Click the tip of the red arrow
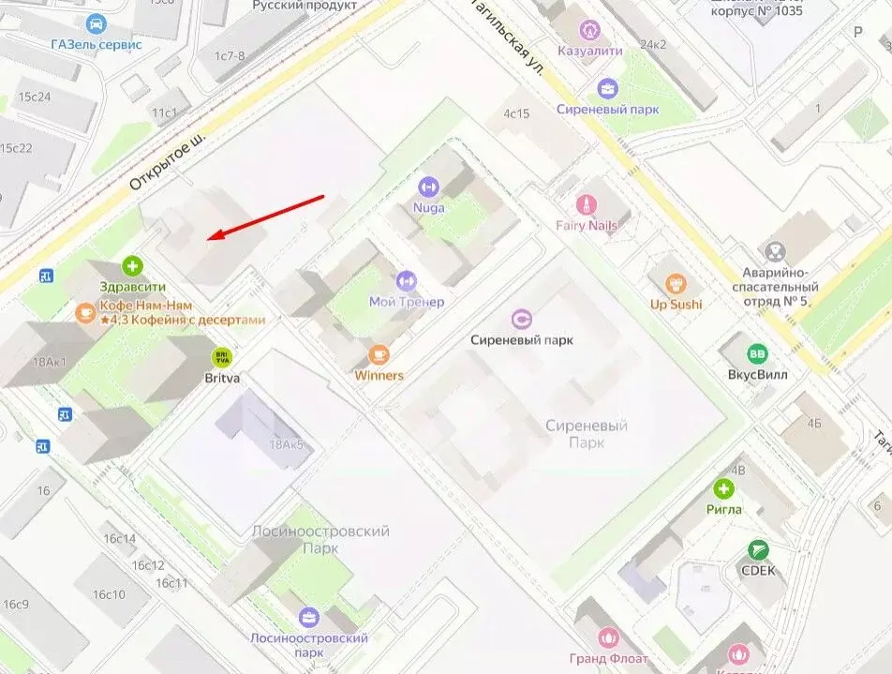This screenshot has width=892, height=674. click(x=210, y=237)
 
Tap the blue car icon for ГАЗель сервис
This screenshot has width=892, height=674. click(x=96, y=23)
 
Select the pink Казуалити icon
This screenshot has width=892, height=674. click(x=589, y=29)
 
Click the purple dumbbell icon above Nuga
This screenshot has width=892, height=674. click(x=428, y=187)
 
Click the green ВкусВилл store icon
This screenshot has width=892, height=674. click(x=756, y=353)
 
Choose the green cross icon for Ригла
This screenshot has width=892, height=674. click(x=723, y=488)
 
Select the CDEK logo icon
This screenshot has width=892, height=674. click(x=758, y=549)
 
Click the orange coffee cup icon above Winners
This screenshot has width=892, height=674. click(x=379, y=354)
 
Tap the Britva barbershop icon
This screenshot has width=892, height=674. click(x=222, y=357)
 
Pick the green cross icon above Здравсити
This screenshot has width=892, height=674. click(x=133, y=266)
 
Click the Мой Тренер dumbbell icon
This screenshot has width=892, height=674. click(x=406, y=280)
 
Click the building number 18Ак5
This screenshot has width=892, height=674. click(x=286, y=444)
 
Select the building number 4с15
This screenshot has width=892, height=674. click(x=516, y=113)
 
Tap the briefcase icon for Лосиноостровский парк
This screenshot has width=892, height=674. click(x=307, y=617)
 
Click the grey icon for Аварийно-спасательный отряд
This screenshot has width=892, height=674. click(x=775, y=250)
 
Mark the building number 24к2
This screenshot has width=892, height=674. click(x=652, y=44)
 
